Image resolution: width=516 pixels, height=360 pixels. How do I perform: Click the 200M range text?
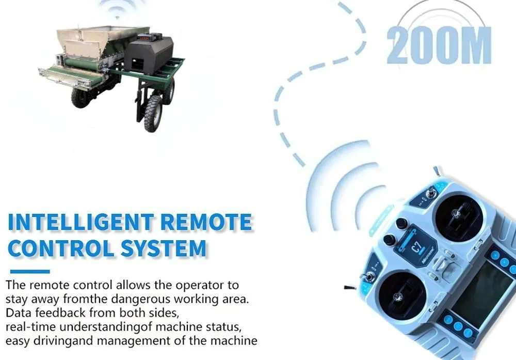[439, 45]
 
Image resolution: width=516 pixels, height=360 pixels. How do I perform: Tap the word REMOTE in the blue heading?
[206, 222]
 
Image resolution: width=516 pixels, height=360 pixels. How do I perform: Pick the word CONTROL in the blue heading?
[61, 248]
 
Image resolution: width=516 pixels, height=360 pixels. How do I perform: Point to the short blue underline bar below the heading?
[30, 272]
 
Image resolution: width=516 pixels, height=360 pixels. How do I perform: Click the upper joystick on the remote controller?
[459, 218]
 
